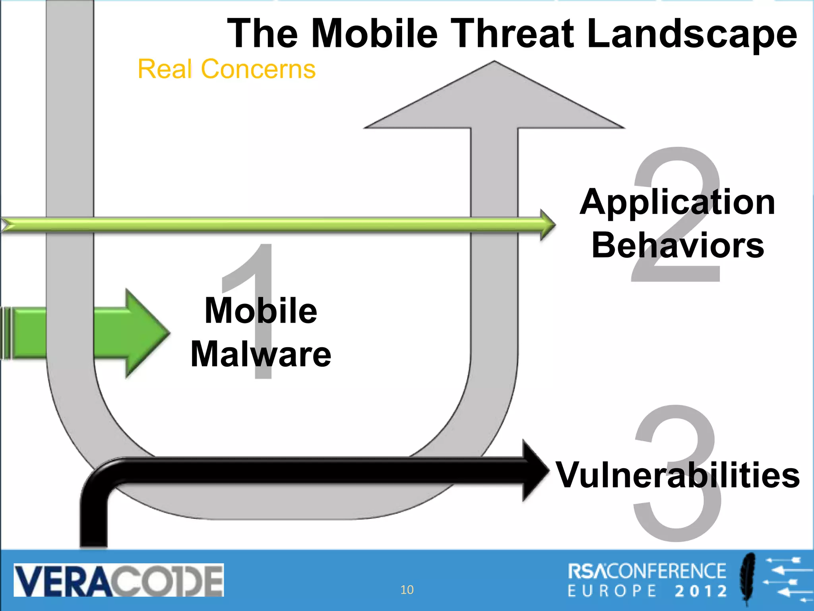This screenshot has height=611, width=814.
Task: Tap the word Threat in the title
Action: click(x=512, y=33)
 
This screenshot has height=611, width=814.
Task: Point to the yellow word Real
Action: click(x=165, y=69)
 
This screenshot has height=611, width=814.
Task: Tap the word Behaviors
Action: click(x=678, y=245)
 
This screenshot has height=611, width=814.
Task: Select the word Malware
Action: click(x=261, y=354)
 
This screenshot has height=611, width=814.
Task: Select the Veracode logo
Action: click(x=118, y=580)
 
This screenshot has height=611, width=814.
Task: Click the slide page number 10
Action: click(x=407, y=590)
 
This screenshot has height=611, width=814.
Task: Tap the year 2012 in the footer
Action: click(x=701, y=591)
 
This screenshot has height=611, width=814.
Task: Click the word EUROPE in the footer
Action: click(x=612, y=591)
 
